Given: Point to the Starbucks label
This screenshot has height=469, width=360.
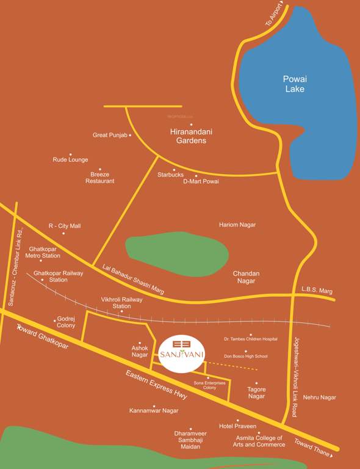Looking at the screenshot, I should point(170,175).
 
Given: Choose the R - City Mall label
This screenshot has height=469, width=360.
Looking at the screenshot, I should point(65,226).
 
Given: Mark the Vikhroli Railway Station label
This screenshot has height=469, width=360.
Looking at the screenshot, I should point(121,303).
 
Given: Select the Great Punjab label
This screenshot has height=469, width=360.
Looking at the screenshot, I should point(109,135).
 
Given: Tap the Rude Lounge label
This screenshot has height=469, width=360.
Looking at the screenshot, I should point(70,160).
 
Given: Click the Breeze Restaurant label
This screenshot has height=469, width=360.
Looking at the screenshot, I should point(99,178).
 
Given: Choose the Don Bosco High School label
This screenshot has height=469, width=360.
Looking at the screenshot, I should point(246,356).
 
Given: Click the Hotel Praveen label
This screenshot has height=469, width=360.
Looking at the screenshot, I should point(237,426).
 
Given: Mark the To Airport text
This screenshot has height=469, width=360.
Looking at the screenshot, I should point(275,15).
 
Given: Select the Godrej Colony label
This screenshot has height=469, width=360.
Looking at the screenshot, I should point(66,322).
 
